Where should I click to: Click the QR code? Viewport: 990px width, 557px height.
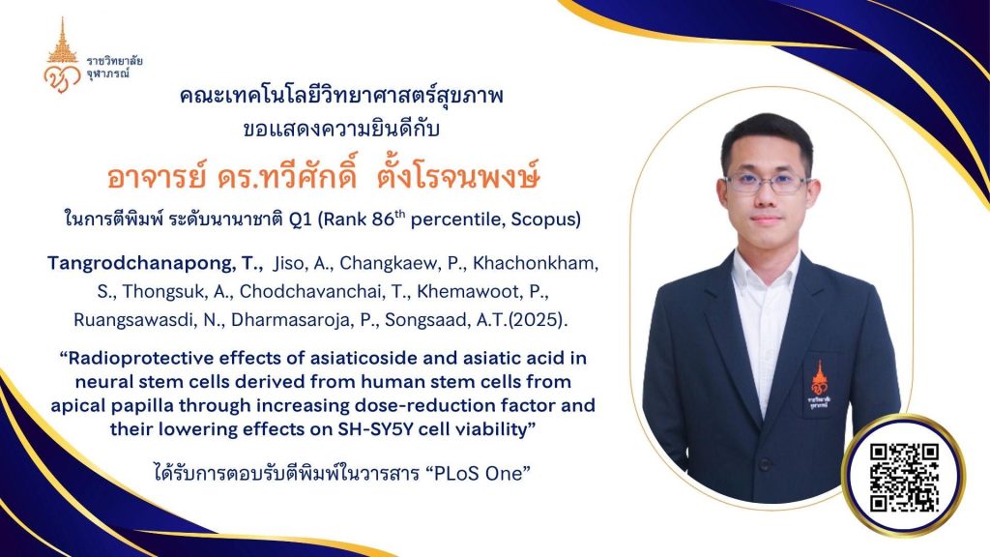(x=904, y=477)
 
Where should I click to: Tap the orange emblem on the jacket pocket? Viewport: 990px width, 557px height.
(x=819, y=387)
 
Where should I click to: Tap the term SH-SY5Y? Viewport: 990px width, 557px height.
(x=374, y=429)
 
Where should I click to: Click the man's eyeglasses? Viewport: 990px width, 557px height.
(x=767, y=183)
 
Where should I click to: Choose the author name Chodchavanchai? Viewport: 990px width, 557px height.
(x=312, y=291)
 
